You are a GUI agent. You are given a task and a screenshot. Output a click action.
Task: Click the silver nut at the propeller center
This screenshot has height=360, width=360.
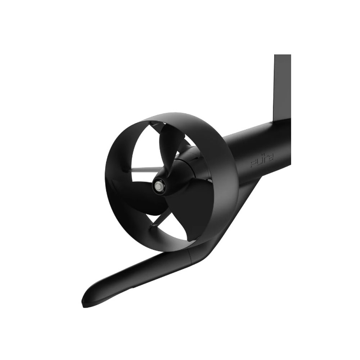click(x=158, y=186)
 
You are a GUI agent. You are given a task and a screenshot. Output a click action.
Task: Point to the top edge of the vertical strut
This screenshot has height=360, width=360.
click(x=282, y=55)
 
